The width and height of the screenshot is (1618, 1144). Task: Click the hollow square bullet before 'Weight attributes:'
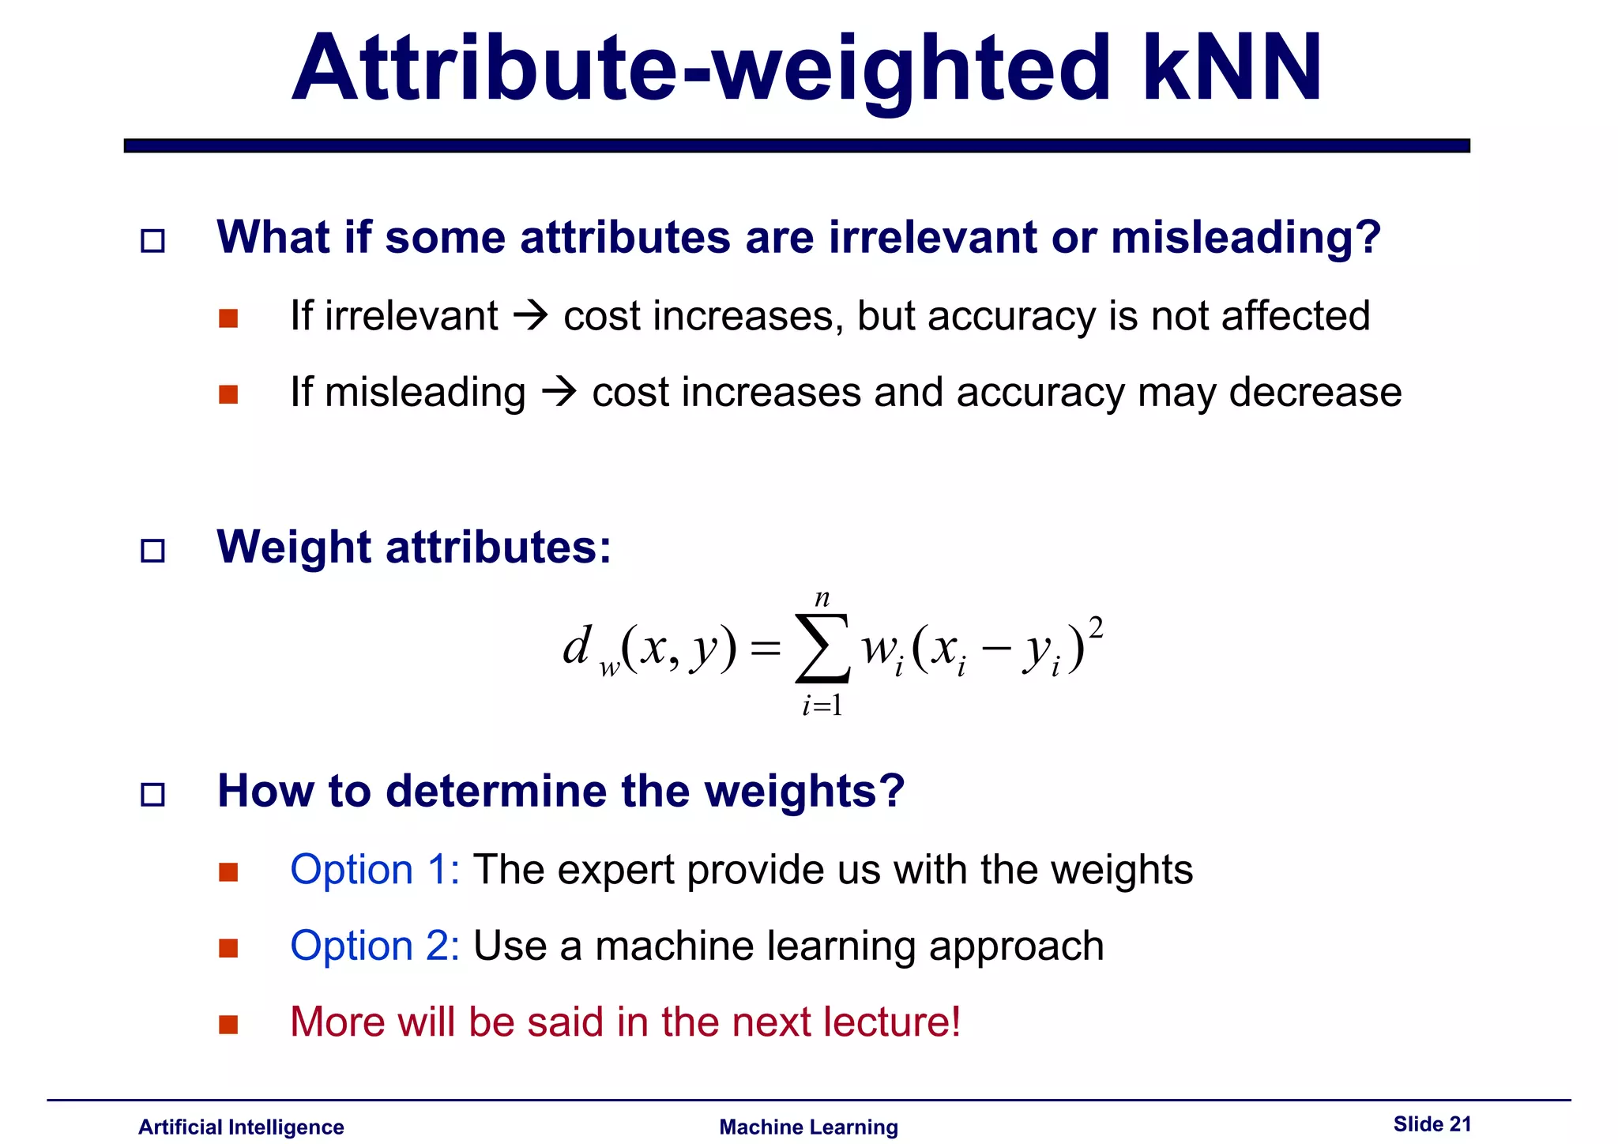pyautogui.click(x=152, y=550)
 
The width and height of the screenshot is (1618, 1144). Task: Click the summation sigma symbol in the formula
pyautogui.click(x=822, y=649)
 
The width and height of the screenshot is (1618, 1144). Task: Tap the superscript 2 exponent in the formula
pyautogui.click(x=1095, y=628)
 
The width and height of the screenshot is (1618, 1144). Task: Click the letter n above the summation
pyautogui.click(x=822, y=598)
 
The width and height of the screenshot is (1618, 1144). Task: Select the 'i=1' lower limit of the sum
pyautogui.click(x=822, y=705)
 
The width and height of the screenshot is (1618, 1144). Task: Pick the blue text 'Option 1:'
pyautogui.click(x=374, y=870)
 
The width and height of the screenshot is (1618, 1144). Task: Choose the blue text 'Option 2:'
pyautogui.click(x=374, y=946)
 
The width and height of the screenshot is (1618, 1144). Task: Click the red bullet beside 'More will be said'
pyautogui.click(x=228, y=1025)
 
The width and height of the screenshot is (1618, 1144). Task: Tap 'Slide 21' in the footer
pyautogui.click(x=1432, y=1123)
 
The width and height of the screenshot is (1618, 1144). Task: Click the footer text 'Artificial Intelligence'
pyautogui.click(x=241, y=1127)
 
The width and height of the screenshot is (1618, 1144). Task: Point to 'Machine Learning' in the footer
pyautogui.click(x=808, y=1127)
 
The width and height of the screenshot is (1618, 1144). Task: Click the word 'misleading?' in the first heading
pyautogui.click(x=1246, y=238)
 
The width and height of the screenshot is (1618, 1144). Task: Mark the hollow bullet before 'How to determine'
pyautogui.click(x=152, y=794)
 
